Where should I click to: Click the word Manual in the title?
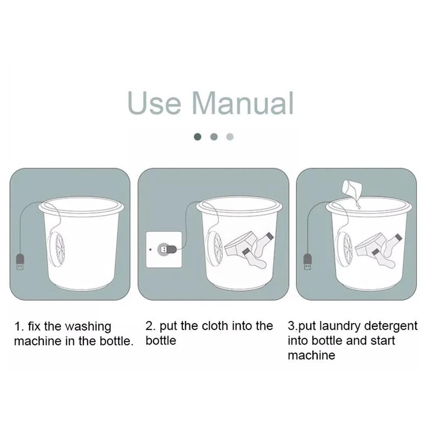(x=243, y=103)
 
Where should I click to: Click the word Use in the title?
(x=154, y=103)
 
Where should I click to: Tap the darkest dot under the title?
(x=197, y=136)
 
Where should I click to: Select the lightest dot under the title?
(x=230, y=136)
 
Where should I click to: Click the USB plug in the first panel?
(x=20, y=262)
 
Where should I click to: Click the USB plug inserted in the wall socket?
(x=167, y=249)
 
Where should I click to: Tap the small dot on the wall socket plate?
(x=150, y=249)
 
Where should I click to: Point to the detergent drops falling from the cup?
(x=358, y=204)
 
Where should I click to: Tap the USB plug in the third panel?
(x=307, y=261)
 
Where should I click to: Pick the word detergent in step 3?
(x=391, y=326)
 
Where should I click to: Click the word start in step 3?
(x=383, y=341)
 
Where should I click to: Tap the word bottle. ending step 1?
(x=117, y=341)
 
